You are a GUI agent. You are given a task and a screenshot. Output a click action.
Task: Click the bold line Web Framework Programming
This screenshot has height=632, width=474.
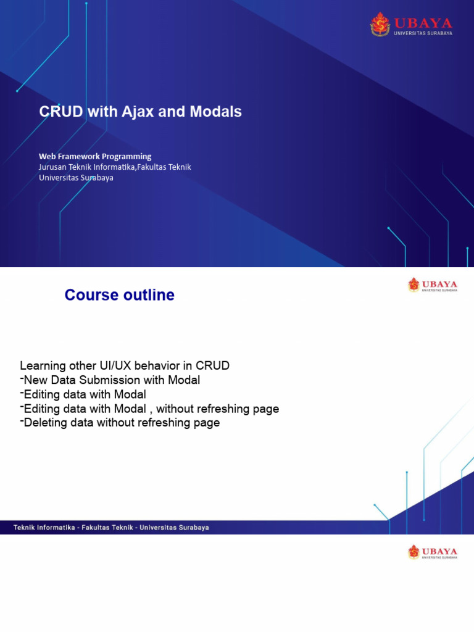95,156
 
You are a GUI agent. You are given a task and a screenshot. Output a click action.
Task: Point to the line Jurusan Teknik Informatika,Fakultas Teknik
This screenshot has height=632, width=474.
115,167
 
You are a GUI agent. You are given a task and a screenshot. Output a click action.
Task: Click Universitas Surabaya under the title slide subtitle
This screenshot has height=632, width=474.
76,178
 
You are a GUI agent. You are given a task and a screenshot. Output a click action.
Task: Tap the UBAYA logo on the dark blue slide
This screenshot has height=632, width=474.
411,25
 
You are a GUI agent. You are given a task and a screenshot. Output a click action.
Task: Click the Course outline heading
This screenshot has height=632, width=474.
120,295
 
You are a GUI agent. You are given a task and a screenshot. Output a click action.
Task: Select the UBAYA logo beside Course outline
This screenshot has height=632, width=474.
433,285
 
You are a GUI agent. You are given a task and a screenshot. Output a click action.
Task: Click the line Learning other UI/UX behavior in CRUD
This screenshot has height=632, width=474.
125,365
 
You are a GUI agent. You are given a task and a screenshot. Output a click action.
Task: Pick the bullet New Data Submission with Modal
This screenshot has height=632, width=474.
111,380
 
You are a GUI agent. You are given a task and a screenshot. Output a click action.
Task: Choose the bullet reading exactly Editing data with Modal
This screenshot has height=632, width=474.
85,394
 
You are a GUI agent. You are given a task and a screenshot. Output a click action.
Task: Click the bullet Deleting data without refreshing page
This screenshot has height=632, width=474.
121,423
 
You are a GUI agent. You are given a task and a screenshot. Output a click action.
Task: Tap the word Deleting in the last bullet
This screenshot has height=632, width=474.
44,423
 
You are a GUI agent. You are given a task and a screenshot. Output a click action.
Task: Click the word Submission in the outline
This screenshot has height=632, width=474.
102,380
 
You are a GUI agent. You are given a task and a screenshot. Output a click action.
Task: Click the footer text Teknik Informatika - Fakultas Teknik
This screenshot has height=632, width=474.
111,528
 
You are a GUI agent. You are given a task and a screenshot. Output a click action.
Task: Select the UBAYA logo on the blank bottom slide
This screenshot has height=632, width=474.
433,552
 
